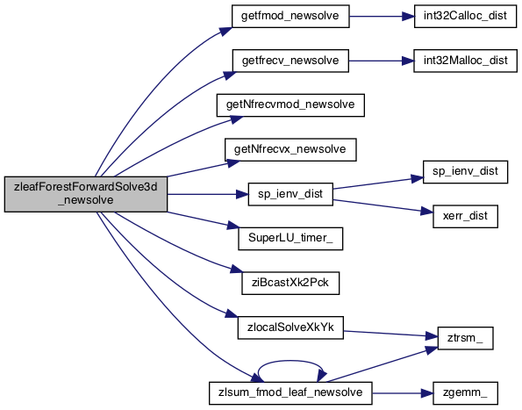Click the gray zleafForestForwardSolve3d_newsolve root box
coord(86,194)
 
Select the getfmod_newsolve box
coord(290,16)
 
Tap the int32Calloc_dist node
coord(465,16)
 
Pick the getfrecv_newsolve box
coord(290,61)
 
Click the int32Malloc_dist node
coord(465,61)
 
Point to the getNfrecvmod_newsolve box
coord(290,105)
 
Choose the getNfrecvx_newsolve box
coord(290,149)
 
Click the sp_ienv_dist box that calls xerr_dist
coord(290,194)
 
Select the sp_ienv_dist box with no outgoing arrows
coord(465,172)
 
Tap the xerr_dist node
coord(465,216)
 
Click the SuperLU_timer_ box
coord(290,239)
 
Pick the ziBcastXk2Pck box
coord(290,283)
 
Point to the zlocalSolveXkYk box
coord(290,327)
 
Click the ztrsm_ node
coord(465,338)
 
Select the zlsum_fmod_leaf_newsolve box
coord(290,393)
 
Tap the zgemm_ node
coord(465,393)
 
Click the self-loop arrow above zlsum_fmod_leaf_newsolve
coord(290,361)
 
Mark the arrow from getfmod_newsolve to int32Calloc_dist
coord(382,16)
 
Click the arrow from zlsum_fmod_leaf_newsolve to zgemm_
coord(402,393)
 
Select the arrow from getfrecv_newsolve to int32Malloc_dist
coord(381,61)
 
